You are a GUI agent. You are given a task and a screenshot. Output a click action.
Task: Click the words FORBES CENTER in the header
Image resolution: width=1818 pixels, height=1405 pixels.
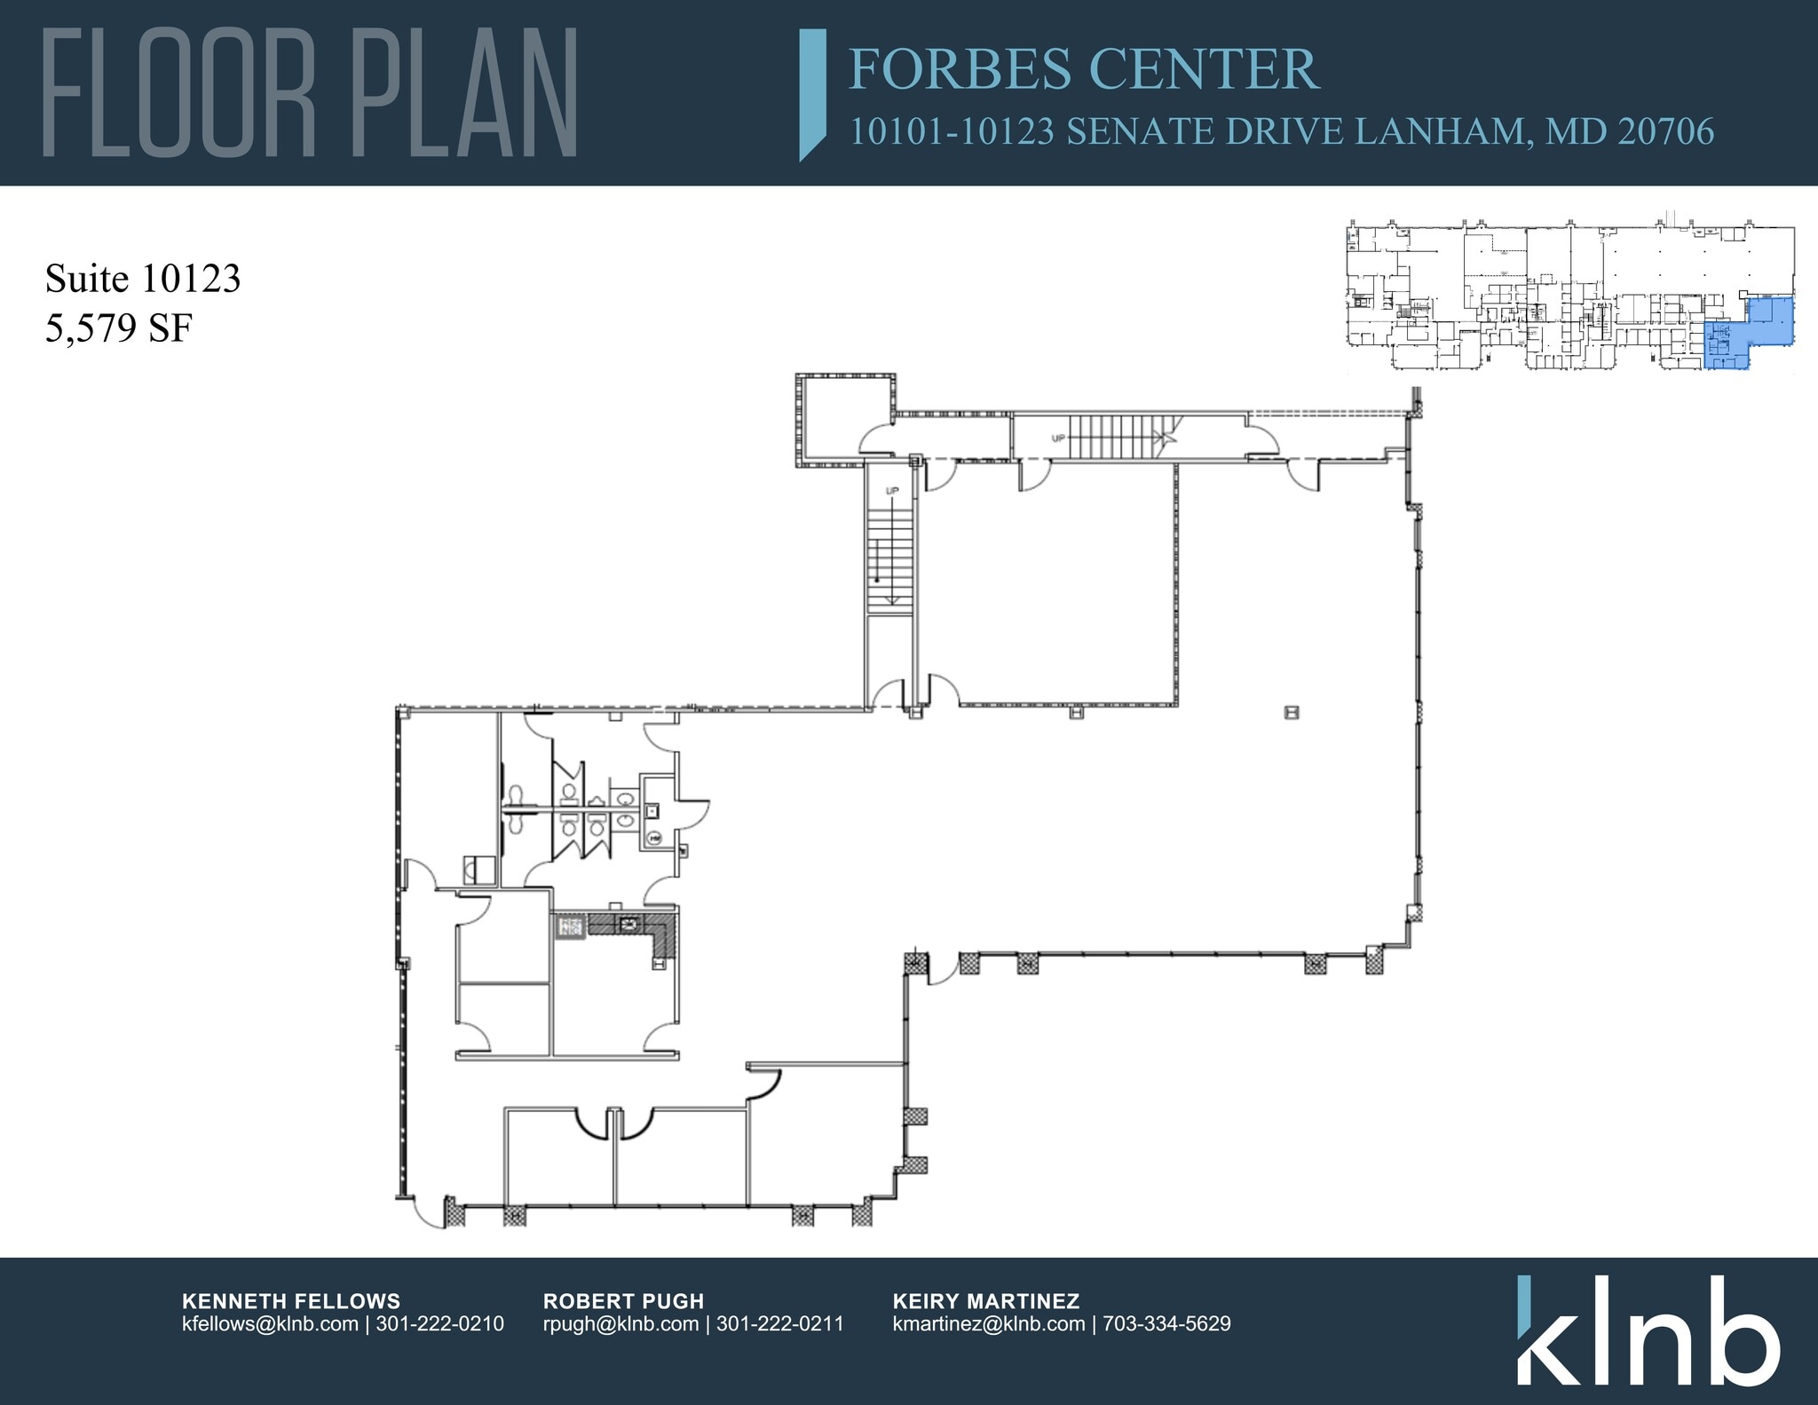tap(1084, 69)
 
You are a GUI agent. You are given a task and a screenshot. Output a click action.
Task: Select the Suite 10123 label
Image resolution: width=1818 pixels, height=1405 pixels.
tap(143, 279)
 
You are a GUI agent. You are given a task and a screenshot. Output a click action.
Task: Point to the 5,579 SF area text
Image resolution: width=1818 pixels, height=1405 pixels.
tap(119, 328)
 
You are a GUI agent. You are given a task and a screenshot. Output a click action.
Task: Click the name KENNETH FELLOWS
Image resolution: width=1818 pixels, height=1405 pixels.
tap(291, 1301)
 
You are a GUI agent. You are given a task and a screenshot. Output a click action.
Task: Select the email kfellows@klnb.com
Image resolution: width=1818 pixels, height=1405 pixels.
tap(270, 1324)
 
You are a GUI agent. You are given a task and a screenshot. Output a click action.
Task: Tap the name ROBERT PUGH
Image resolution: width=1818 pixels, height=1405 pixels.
tap(623, 1301)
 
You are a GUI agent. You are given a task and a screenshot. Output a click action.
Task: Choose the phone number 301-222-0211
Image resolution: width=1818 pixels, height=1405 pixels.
tap(779, 1324)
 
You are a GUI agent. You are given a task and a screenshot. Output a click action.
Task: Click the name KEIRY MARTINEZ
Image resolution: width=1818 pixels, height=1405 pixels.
tap(986, 1301)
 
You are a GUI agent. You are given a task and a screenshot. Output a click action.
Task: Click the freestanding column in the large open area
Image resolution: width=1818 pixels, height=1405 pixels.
tap(1292, 712)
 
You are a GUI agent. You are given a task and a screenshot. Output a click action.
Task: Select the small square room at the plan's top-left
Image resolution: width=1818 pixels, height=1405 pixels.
tap(844, 419)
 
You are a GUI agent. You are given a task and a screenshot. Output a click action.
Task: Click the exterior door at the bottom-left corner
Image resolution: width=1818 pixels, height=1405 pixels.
tap(429, 1212)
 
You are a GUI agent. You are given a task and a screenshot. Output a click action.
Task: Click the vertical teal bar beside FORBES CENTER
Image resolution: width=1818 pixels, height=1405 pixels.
tap(812, 93)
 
